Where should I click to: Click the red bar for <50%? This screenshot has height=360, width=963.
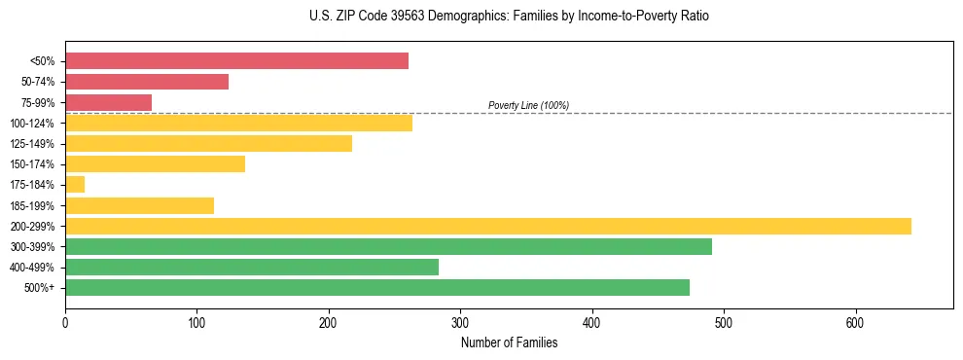click(x=236, y=61)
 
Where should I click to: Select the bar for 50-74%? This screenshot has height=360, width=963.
click(x=147, y=82)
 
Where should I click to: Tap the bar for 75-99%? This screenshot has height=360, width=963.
click(x=108, y=102)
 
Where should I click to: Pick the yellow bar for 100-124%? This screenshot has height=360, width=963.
click(x=238, y=123)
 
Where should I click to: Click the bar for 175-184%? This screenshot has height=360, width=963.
click(x=75, y=184)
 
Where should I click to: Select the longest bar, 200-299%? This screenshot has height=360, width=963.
click(x=488, y=226)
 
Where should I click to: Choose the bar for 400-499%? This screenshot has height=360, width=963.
click(x=252, y=267)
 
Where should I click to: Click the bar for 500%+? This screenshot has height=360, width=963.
click(x=377, y=287)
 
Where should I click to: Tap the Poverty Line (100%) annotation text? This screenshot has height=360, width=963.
click(x=528, y=105)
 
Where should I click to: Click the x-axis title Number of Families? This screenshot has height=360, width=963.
click(x=509, y=342)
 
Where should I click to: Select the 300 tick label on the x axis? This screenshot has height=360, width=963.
click(x=460, y=323)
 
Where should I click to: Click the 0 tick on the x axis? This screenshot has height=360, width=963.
click(x=65, y=323)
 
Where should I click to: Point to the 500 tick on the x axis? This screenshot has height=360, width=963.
click(x=724, y=323)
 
